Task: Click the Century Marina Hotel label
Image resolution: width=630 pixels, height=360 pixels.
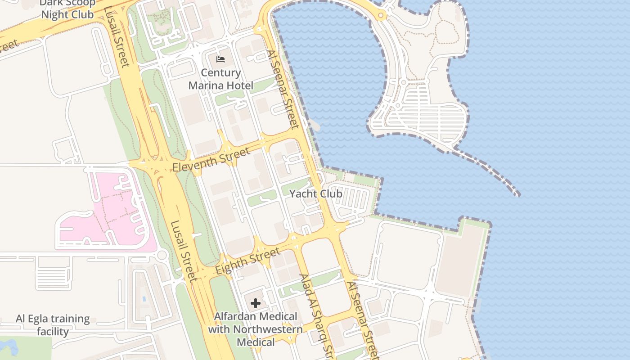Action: (x=220, y=79)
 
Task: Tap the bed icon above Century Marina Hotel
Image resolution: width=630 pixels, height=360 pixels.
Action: (x=220, y=59)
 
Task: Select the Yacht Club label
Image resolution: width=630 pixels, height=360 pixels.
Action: (x=315, y=194)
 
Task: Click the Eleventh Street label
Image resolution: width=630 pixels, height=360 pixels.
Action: (x=211, y=160)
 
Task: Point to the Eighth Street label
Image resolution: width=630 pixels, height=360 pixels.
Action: (x=247, y=262)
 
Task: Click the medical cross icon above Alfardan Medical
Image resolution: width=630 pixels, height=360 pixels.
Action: (x=256, y=303)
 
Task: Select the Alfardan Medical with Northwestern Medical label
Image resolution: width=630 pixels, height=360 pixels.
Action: (x=255, y=329)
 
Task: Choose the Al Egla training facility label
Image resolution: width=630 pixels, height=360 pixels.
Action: (x=53, y=325)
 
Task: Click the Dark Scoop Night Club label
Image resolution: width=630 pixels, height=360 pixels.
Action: (x=67, y=9)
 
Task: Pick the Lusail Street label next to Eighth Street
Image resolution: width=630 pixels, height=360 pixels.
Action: (x=184, y=250)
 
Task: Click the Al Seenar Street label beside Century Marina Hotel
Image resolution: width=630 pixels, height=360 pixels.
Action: (x=283, y=89)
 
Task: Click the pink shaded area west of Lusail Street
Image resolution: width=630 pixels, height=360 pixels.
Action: (x=108, y=211)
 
